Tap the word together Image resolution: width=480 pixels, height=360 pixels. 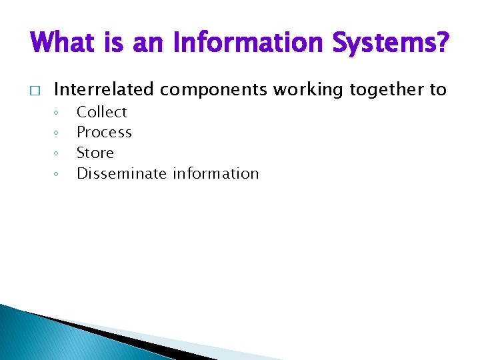pos(376,89)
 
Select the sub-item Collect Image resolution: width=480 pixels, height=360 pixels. pos(101,112)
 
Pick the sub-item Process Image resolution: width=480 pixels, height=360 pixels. pos(104,133)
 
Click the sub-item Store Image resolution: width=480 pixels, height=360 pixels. pos(95,153)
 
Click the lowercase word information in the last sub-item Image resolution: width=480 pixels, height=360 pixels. pos(215,173)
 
